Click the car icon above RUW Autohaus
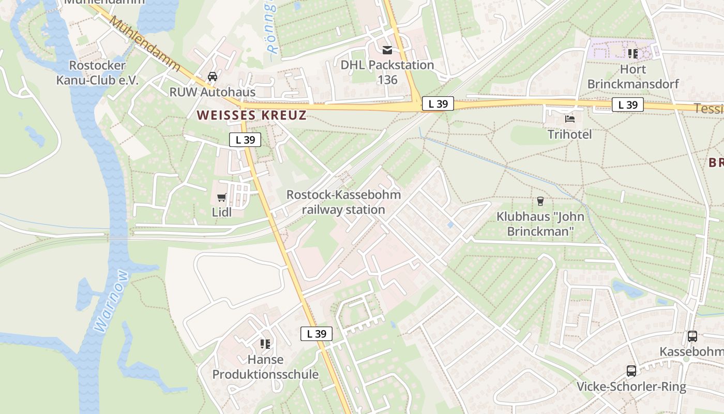[x=212, y=77]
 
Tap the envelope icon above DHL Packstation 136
[x=387, y=50]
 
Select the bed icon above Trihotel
[x=570, y=119]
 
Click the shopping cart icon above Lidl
[x=222, y=197]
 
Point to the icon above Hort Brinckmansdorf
[x=632, y=53]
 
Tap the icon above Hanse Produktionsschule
[x=265, y=344]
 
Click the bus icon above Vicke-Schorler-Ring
[x=631, y=371]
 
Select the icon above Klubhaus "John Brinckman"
[x=540, y=201]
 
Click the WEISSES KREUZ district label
[x=252, y=115]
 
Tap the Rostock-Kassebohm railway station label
[x=343, y=202]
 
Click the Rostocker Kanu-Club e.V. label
[x=98, y=72]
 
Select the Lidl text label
[x=222, y=212]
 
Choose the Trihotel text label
[x=569, y=135]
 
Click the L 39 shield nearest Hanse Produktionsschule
[x=316, y=334]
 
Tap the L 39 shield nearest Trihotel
[x=628, y=105]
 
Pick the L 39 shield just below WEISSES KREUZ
[x=245, y=139]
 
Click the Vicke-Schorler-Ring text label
[x=631, y=387]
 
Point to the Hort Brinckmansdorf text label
[x=633, y=77]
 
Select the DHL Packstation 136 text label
[x=387, y=72]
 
